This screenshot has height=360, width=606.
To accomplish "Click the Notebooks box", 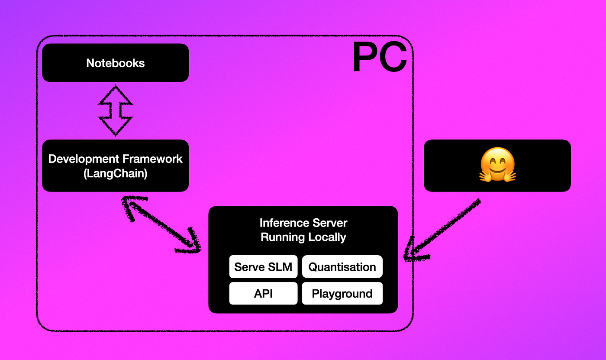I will (x=115, y=63).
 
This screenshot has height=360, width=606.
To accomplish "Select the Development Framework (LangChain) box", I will (x=115, y=165).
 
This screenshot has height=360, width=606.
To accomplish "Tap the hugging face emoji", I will (x=497, y=165).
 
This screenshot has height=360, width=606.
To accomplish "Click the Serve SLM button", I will (x=263, y=267).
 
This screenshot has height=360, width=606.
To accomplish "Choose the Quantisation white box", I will (x=342, y=267).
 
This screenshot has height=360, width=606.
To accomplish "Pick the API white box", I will (x=263, y=294).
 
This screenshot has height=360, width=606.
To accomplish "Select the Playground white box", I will (x=342, y=294).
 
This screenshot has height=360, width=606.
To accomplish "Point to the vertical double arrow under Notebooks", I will (x=115, y=110).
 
